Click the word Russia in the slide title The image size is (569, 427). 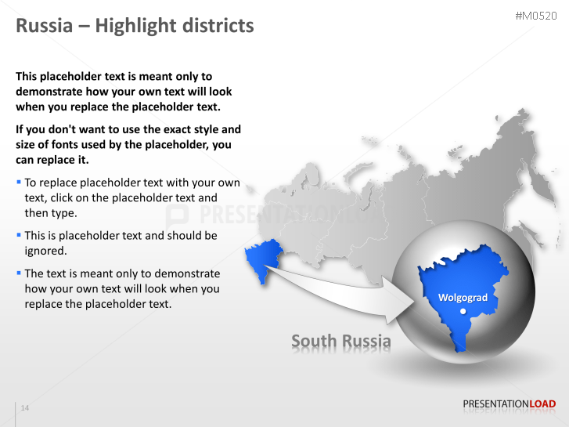44,26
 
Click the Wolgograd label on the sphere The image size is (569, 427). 463,298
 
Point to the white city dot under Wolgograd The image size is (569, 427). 463,311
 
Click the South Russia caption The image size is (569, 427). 340,341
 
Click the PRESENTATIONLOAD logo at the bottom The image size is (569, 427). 509,404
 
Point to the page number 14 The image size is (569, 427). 25,408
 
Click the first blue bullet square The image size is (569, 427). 19,182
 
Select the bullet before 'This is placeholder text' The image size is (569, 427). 19,233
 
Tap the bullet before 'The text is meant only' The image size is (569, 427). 19,272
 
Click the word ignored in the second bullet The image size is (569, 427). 46,251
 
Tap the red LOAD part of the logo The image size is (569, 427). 542,404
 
